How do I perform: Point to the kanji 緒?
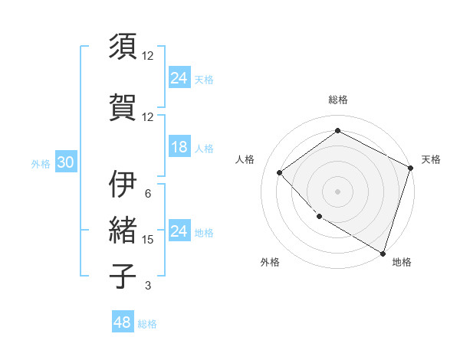pos(123,230)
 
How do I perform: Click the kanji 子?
pos(123,276)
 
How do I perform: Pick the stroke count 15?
pos(148,240)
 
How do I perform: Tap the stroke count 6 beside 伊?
pos(148,194)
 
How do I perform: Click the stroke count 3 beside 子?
pos(148,286)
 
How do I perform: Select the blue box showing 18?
pos(179,148)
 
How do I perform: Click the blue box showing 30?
pos(65,163)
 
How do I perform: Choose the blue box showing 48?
pos(123,322)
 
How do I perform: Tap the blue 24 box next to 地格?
pos(179,232)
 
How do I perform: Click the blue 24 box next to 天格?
pos(179,77)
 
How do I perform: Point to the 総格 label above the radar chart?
pos(338,100)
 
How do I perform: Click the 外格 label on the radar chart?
pos(270,263)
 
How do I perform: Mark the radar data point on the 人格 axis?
pos(280,172)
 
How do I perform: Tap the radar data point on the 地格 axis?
pos(383,252)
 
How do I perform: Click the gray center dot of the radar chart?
pos(338,191)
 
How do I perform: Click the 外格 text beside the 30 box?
pos(41,164)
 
